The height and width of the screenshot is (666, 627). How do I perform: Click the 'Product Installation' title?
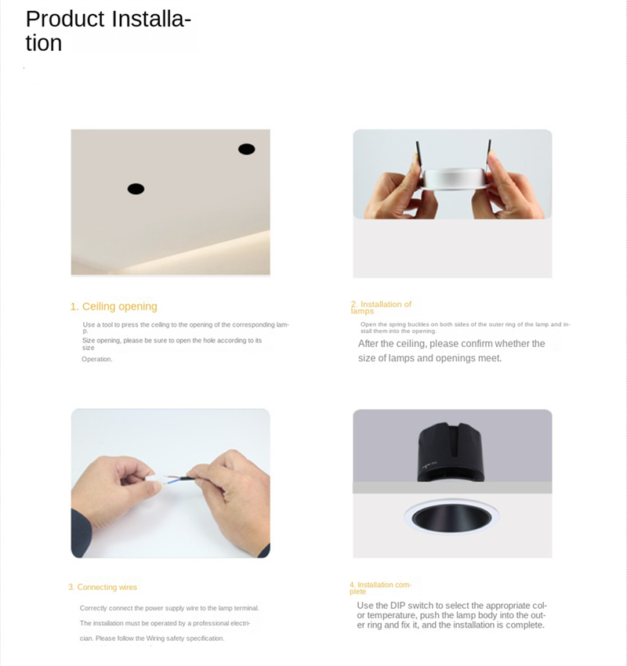click(108, 30)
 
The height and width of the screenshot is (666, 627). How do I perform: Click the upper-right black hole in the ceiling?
click(246, 149)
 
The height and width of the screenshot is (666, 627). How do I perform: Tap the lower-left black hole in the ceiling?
click(136, 189)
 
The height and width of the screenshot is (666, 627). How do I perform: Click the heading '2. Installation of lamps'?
click(381, 307)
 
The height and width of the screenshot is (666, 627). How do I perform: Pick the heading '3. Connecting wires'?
click(103, 587)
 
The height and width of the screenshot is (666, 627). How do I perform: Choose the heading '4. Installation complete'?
click(380, 587)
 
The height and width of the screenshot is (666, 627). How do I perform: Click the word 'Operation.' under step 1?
click(97, 359)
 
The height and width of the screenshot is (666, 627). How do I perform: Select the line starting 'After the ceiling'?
click(451, 343)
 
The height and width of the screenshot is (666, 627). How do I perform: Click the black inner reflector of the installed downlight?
click(452, 519)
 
